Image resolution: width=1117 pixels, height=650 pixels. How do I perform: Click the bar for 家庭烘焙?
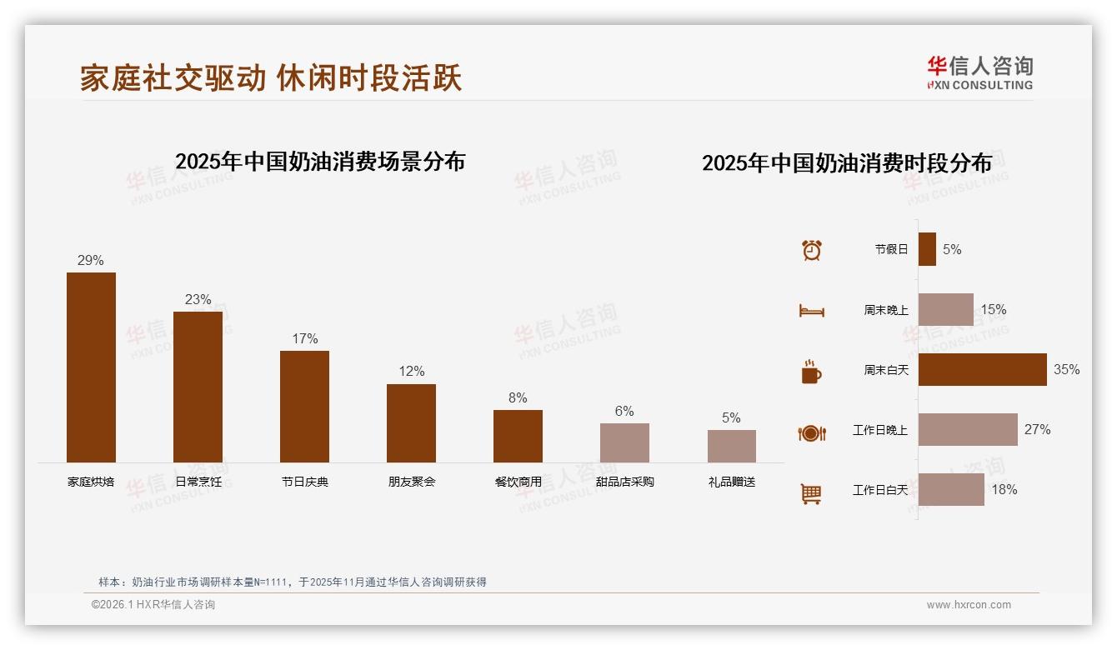(91, 367)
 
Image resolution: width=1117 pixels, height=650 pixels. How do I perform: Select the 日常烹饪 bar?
(198, 387)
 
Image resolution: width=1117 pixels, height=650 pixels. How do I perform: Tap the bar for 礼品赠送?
(731, 446)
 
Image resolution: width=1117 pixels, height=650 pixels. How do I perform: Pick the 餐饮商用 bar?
(518, 436)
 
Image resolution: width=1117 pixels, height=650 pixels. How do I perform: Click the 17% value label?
(304, 338)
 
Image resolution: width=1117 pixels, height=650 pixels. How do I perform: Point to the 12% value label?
(411, 371)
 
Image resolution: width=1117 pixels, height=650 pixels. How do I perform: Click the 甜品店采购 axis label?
(624, 482)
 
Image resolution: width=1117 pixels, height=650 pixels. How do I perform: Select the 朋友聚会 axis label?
(411, 482)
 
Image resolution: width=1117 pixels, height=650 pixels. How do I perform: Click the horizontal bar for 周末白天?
(982, 369)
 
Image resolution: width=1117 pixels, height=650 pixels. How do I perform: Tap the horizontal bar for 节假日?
(927, 249)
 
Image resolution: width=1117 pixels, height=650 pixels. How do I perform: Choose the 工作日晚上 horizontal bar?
(968, 429)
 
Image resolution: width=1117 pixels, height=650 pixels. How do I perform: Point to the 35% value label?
(1066, 369)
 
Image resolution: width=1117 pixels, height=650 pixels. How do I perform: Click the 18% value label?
(1004, 489)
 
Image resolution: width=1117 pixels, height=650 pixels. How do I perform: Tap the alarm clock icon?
(811, 250)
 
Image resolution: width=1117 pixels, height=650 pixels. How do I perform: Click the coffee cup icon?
(811, 372)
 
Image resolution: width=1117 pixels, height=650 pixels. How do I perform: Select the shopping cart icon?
(811, 493)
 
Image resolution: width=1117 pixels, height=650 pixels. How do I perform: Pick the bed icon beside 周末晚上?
(811, 311)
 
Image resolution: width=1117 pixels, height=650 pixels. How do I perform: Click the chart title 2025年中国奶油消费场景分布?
(320, 161)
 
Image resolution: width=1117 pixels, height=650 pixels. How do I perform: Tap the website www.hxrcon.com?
(969, 605)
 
